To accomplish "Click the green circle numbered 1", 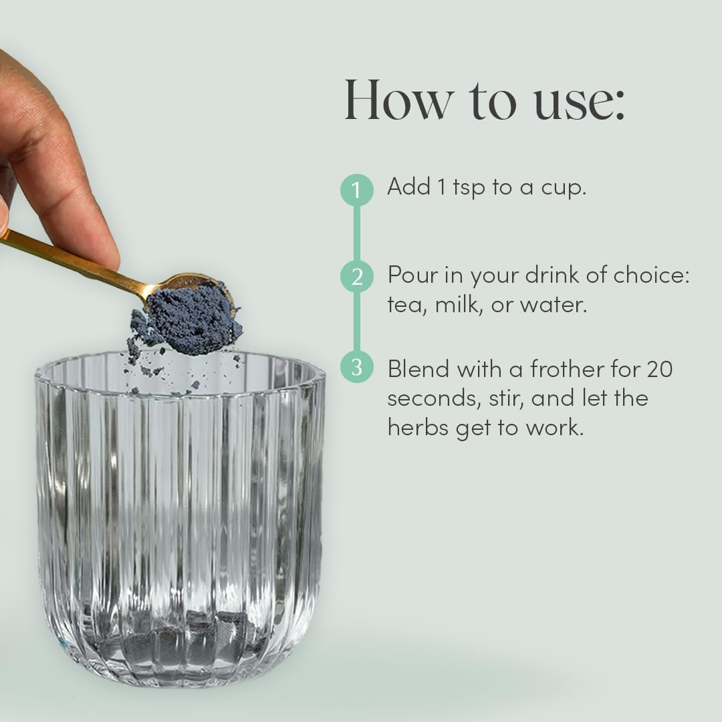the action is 357,189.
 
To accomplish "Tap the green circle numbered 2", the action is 357,276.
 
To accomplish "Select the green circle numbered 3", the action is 357,367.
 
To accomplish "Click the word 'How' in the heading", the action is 398,100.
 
